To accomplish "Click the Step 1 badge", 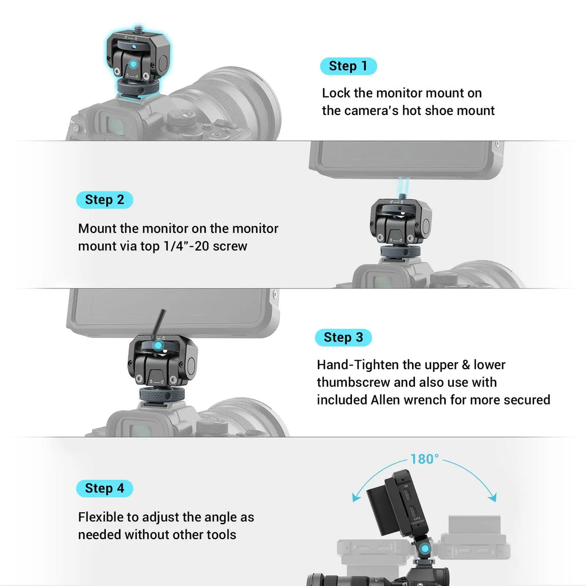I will tap(348, 66).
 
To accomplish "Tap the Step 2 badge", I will tap(104, 200).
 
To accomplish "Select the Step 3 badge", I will tap(343, 338).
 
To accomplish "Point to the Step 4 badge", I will tap(104, 488).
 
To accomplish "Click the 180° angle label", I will tap(425, 459).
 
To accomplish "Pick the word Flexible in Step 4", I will tap(101, 517).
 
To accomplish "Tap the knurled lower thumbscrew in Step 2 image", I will tap(400, 251).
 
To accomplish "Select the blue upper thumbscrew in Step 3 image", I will tap(157, 345).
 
